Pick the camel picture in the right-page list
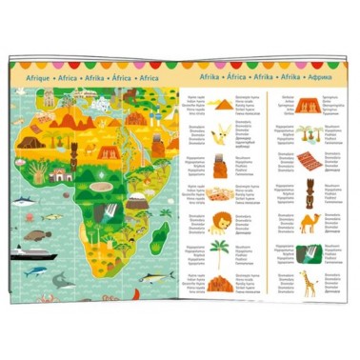(x=309, y=223)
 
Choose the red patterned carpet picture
(x=309, y=161)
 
